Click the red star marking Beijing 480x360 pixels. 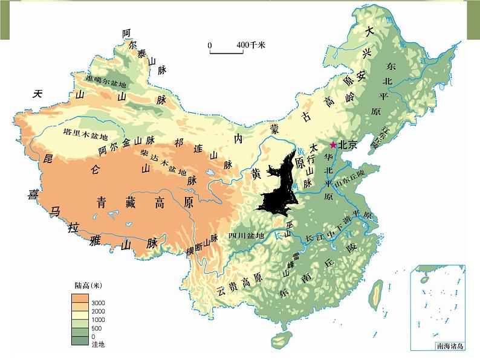pos(332,145)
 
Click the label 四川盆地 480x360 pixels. pos(246,236)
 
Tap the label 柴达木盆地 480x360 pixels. pos(163,161)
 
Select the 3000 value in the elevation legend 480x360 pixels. pos(99,302)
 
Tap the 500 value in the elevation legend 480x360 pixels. pos(97,328)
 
